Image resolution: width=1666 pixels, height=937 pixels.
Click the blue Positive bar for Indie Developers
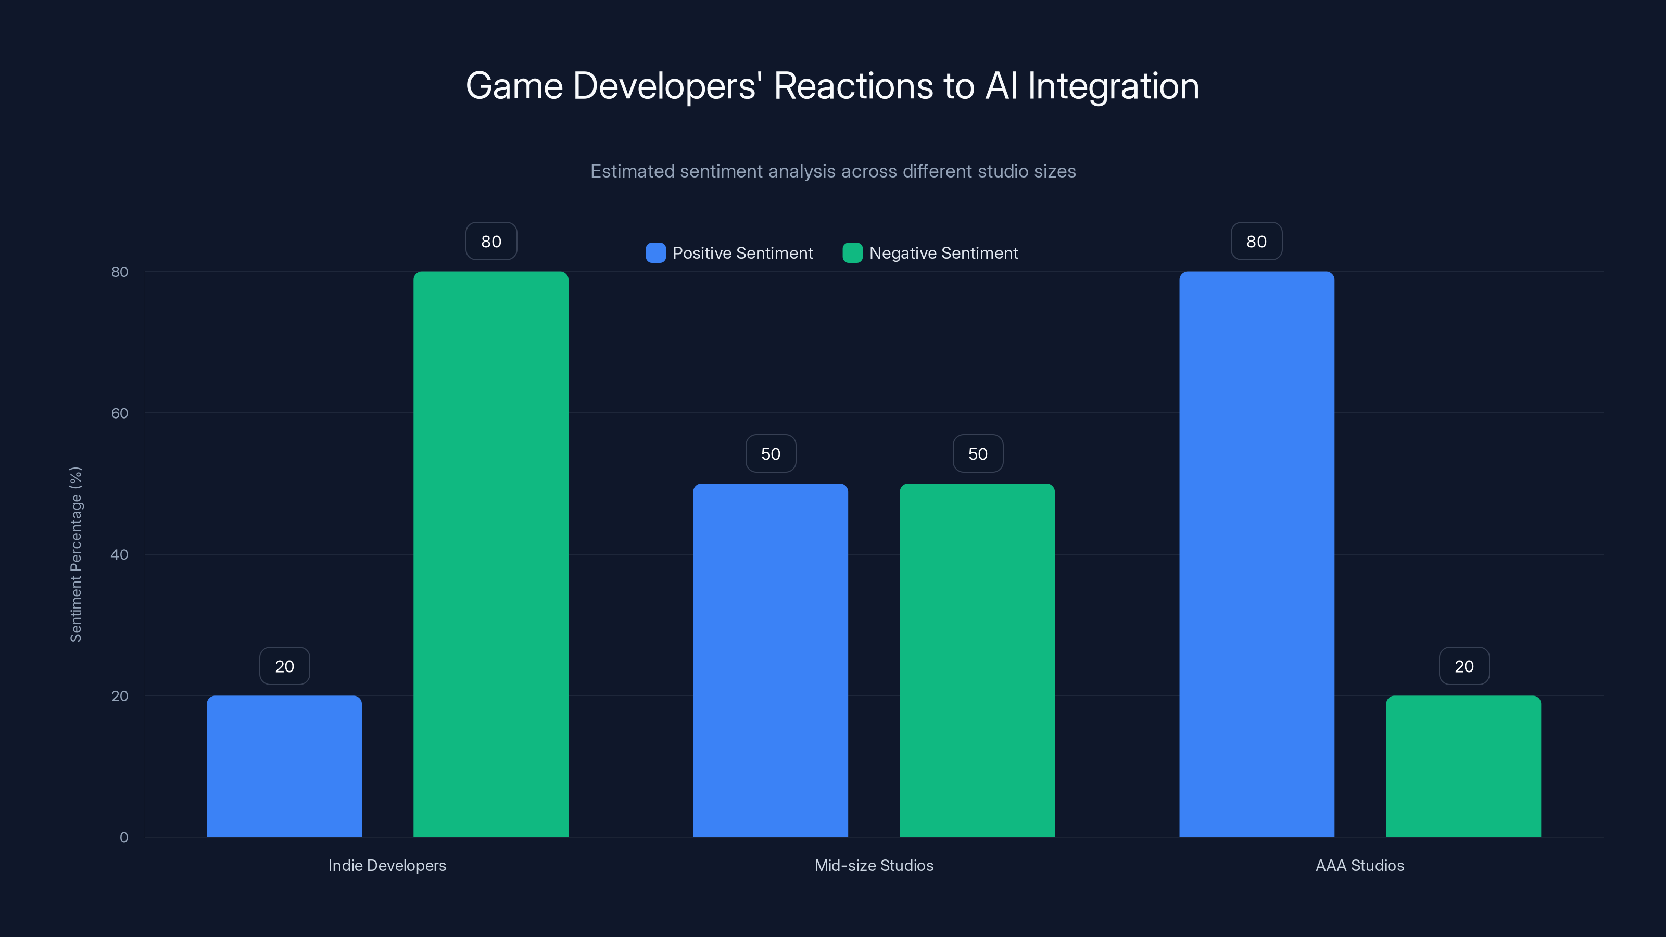284,766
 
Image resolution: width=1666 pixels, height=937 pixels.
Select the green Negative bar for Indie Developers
491,554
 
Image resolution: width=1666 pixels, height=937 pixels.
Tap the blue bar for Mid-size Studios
771,660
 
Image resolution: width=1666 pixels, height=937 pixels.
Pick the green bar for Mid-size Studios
977,660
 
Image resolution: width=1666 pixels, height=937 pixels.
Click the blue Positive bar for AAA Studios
1257,554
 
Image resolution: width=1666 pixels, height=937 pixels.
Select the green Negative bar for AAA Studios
1463,766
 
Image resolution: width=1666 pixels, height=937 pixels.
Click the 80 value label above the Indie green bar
491,241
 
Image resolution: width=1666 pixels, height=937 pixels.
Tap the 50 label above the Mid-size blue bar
771,454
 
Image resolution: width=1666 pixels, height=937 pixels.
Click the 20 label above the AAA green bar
1464,666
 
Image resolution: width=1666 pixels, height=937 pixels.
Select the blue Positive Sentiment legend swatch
655,253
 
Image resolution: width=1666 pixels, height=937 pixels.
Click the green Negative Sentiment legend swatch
852,253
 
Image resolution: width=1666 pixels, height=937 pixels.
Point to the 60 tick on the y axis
120,413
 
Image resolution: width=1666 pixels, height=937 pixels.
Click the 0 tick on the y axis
123,838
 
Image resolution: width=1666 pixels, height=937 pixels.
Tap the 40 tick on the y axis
120,555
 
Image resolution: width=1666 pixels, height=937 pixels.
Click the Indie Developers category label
387,865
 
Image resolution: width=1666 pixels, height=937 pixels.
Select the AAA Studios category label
1359,865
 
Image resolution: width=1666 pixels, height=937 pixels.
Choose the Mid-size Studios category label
874,865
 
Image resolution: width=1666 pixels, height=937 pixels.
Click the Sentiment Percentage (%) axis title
75,554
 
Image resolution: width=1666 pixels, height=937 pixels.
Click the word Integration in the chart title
1113,86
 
